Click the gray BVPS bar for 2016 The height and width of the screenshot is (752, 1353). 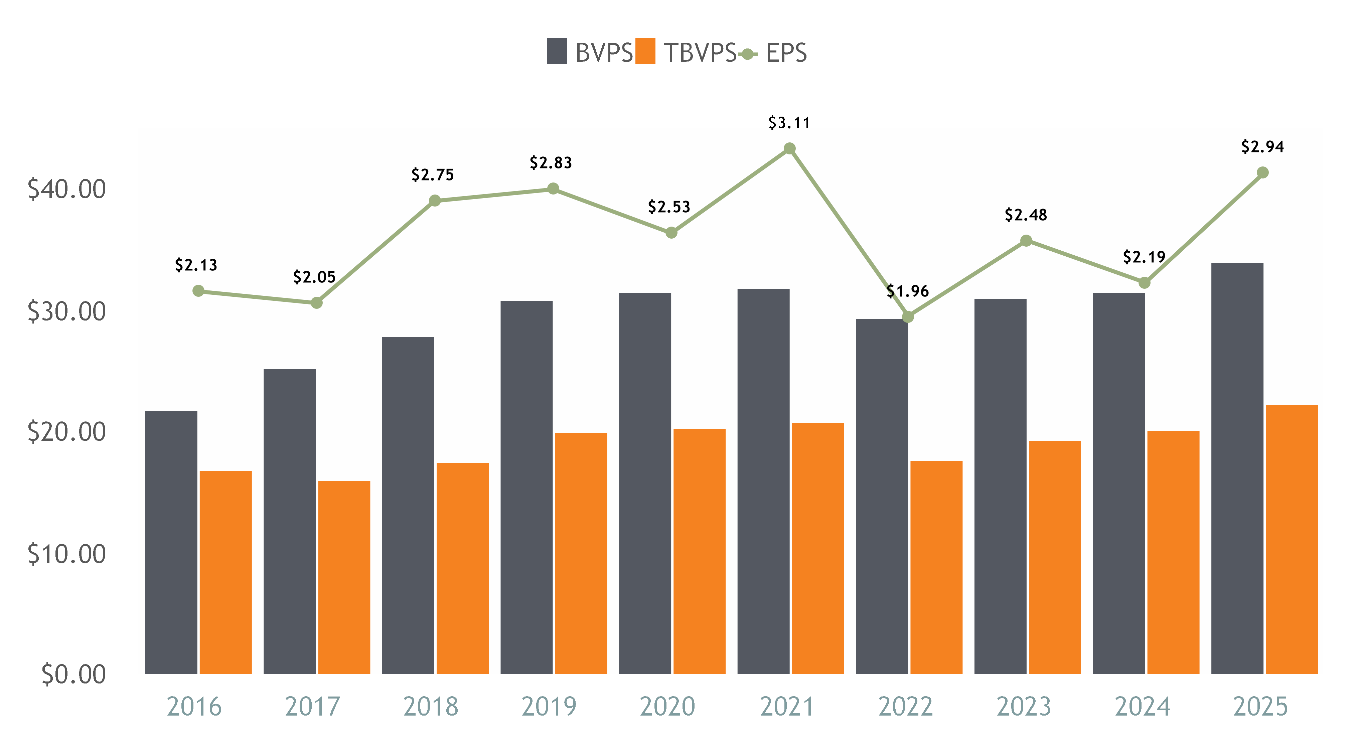171,541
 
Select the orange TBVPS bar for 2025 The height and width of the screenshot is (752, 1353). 1292,539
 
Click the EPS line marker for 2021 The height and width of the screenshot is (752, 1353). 789,149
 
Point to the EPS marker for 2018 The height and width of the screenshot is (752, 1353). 434,201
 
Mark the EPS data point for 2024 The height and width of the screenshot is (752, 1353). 1145,283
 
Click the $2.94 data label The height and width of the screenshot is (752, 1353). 1262,147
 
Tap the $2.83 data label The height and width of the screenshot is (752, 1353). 551,163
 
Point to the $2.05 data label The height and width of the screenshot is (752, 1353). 314,277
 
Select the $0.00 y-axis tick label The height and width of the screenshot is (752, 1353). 73,675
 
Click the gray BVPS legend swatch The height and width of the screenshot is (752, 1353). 557,51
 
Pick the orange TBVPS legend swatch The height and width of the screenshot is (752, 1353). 645,51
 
